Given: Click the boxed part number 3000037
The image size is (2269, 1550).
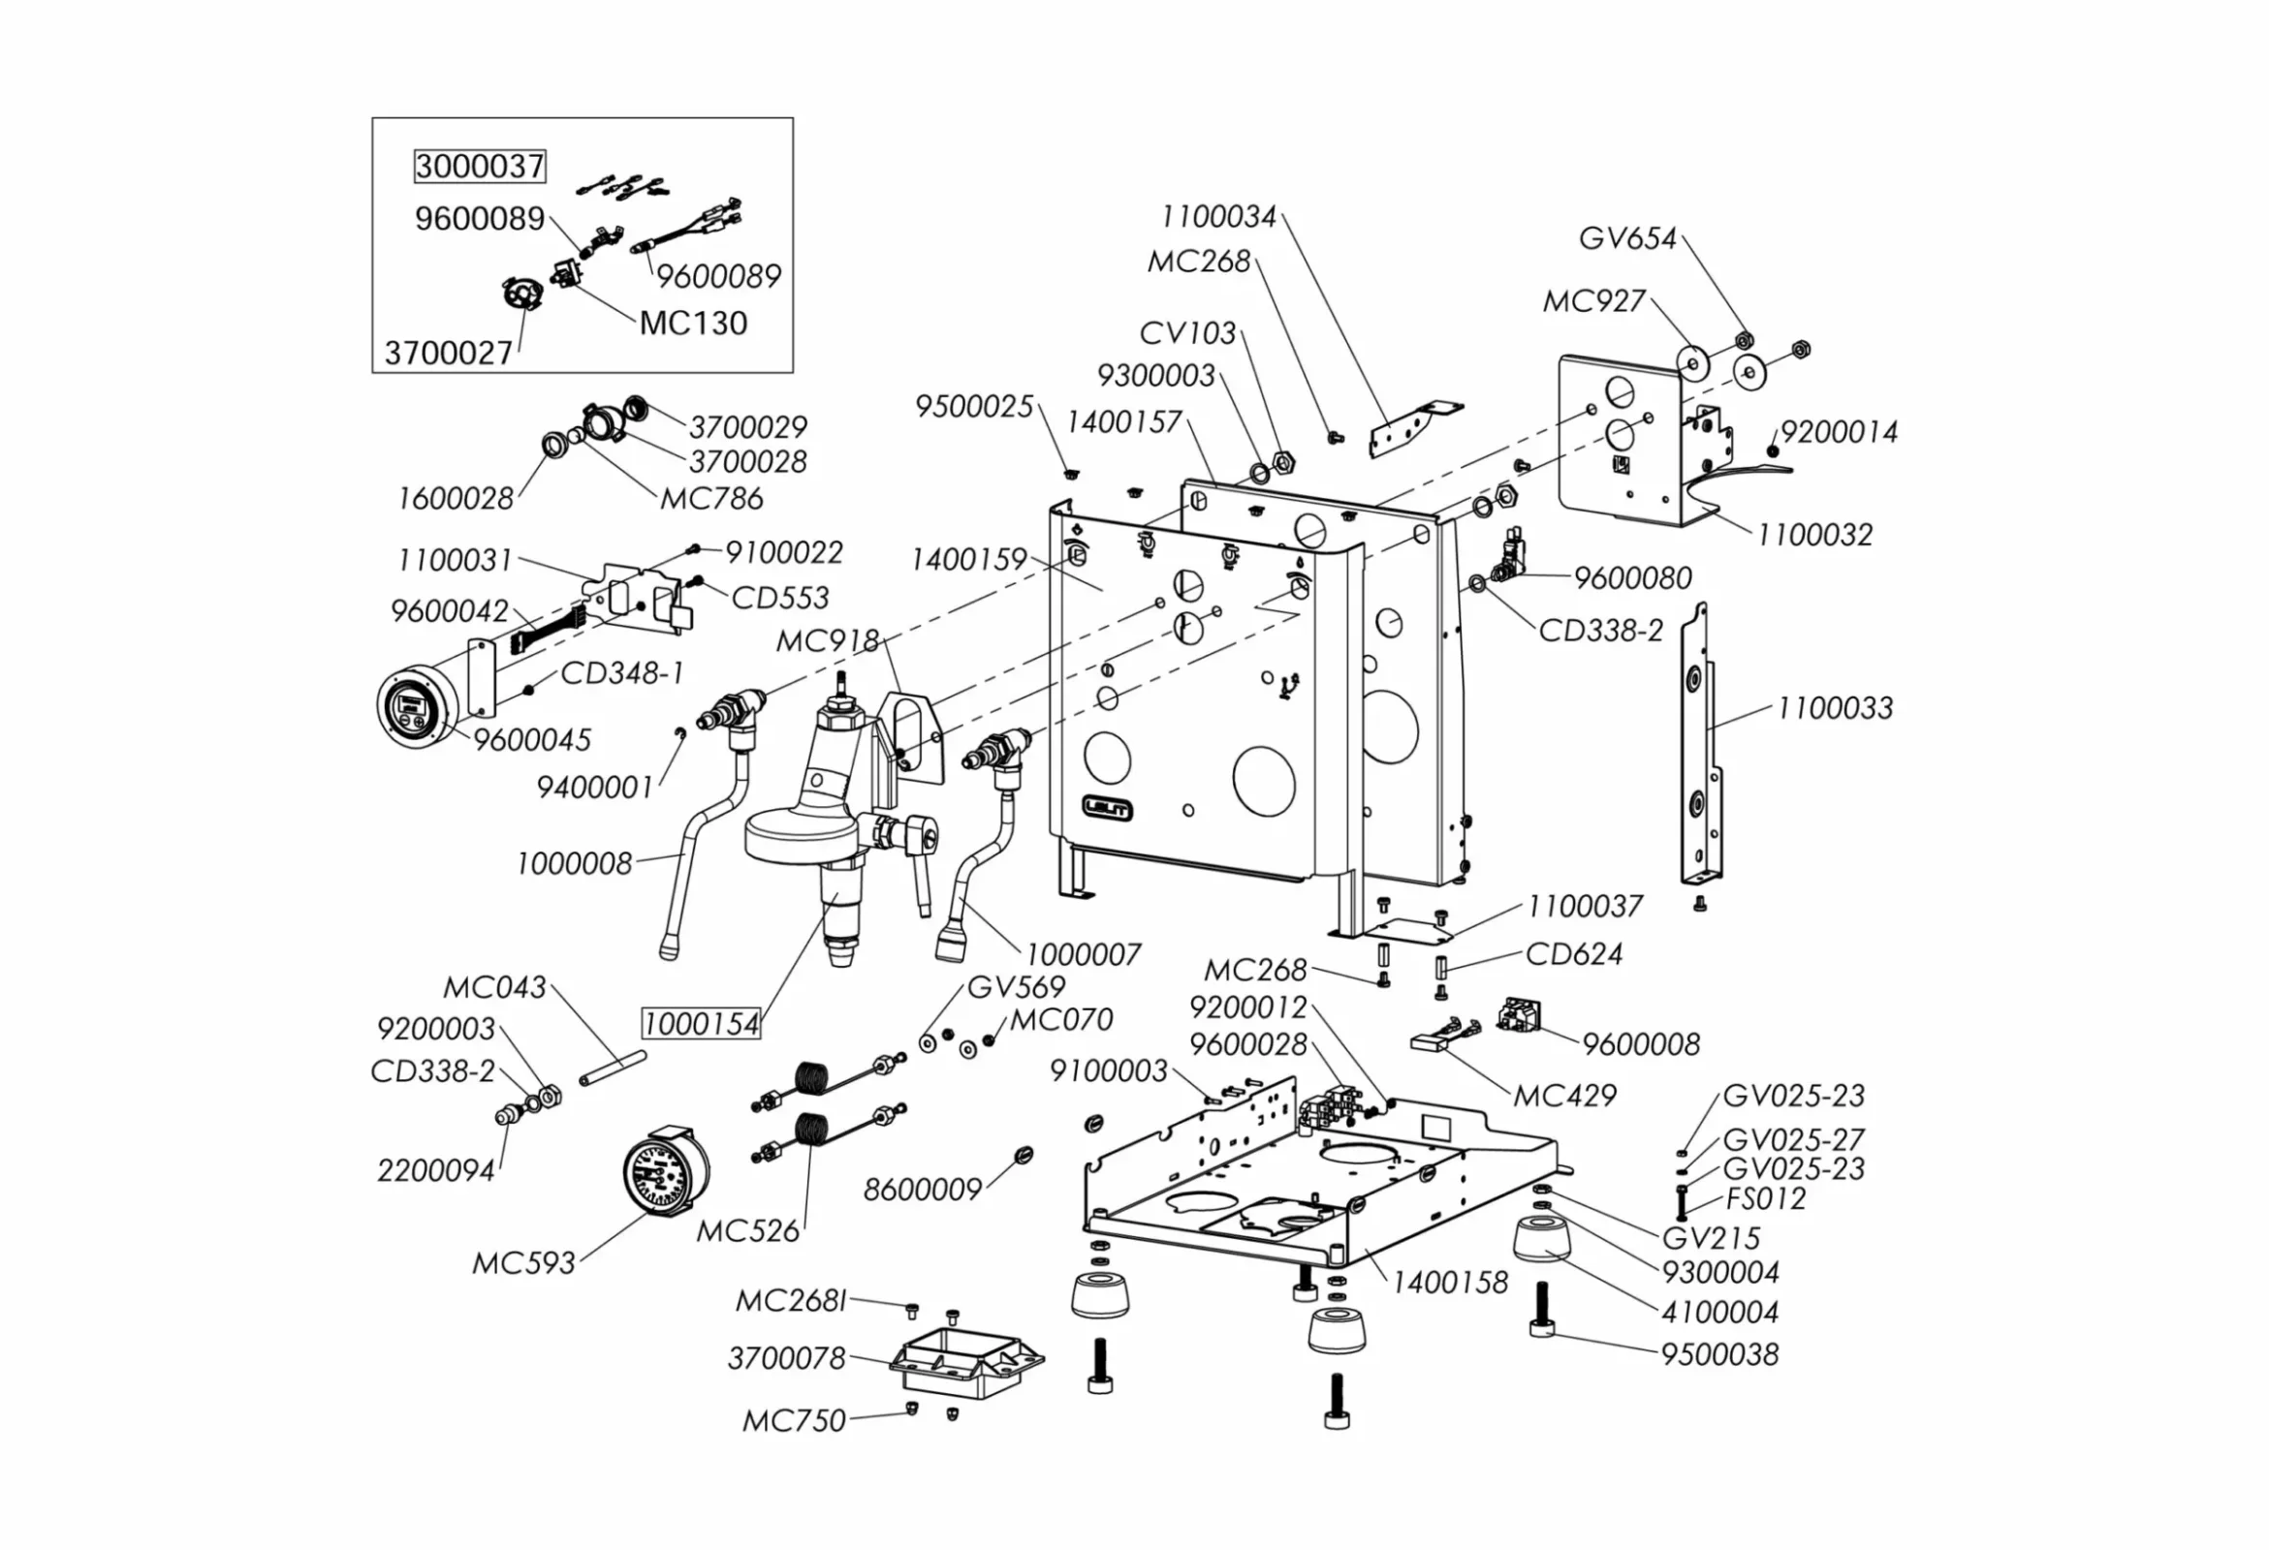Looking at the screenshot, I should (x=480, y=166).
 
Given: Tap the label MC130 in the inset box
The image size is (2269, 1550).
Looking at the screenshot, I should (x=692, y=324).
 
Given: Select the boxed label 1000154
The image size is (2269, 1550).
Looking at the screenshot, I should (x=700, y=1024).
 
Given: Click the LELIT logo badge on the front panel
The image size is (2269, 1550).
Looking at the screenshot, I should (x=1107, y=807).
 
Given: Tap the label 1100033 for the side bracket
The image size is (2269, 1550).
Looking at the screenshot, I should (x=1834, y=707).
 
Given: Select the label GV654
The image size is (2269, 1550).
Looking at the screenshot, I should (x=1626, y=238).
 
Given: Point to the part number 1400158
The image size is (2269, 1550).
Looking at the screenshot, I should (x=1449, y=1283).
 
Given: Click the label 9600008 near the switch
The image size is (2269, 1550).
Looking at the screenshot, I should (x=1640, y=1044).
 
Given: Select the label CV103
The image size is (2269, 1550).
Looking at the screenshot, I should (x=1187, y=333).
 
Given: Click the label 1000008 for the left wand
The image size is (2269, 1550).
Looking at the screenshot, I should (x=574, y=864).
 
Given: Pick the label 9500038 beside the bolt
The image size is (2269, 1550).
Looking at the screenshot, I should (x=1719, y=1354).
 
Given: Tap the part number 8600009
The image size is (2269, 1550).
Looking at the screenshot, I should (x=922, y=1190).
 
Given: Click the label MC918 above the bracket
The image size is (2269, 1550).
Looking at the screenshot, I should (x=827, y=641).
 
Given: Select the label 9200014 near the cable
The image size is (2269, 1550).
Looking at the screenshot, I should (x=1839, y=432).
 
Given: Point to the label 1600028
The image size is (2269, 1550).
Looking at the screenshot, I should (x=455, y=499).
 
